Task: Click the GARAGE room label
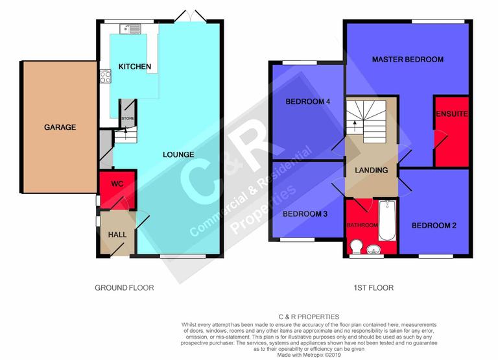click(60, 127)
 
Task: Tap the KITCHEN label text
click(135, 67)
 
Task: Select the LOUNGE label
click(178, 154)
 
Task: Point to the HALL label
click(117, 234)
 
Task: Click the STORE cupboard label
click(126, 119)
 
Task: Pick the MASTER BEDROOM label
click(407, 59)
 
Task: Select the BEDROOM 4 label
click(308, 102)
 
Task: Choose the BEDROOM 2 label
click(434, 225)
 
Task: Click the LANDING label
click(372, 170)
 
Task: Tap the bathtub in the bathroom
click(387, 227)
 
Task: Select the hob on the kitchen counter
click(105, 77)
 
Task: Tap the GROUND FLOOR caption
click(124, 287)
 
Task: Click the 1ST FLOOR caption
click(374, 287)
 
